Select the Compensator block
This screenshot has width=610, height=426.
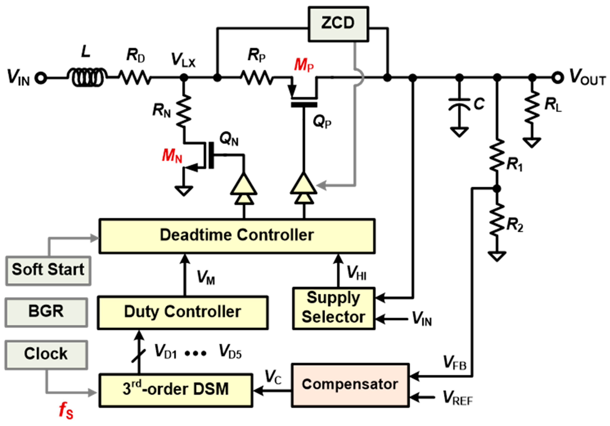tap(350, 385)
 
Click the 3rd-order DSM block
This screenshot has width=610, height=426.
tap(176, 390)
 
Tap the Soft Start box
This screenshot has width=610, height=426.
tap(48, 270)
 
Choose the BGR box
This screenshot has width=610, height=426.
tap(46, 312)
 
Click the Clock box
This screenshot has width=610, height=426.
tap(46, 354)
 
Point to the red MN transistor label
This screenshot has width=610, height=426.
tap(172, 156)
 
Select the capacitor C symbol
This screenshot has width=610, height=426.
tap(459, 105)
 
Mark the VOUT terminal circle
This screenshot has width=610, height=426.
tap(557, 78)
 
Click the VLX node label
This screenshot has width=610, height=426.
tap(183, 60)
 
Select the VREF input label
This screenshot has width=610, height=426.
tap(458, 398)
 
